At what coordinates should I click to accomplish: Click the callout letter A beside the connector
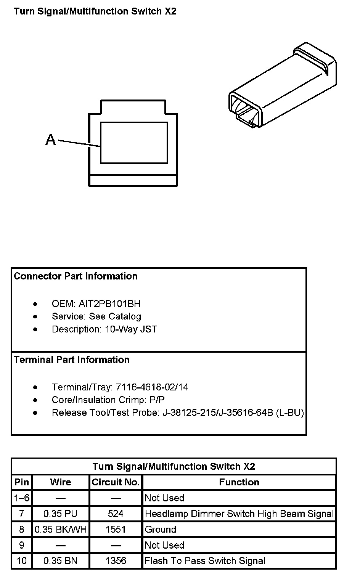click(x=51, y=140)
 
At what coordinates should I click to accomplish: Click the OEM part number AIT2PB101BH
click(x=109, y=304)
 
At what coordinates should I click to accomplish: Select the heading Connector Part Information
click(x=76, y=276)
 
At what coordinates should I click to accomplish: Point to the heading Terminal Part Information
click(x=72, y=360)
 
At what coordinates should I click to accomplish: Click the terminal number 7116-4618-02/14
click(x=152, y=387)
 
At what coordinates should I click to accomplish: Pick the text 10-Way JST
click(x=131, y=329)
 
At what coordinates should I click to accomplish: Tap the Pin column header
click(x=22, y=482)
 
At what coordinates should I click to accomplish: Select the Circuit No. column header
click(x=116, y=482)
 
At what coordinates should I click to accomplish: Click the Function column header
click(x=239, y=482)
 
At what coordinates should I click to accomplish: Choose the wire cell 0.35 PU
click(x=60, y=514)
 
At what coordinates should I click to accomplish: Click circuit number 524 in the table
click(x=116, y=514)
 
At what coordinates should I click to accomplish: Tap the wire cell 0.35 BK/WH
click(x=61, y=529)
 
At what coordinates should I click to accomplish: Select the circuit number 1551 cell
click(x=116, y=529)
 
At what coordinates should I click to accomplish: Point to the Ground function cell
click(x=161, y=529)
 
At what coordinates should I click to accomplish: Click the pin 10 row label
click(x=22, y=560)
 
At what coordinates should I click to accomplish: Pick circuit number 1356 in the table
click(x=116, y=560)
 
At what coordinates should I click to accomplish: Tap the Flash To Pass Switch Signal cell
click(x=205, y=560)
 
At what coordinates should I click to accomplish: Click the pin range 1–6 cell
click(x=22, y=498)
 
